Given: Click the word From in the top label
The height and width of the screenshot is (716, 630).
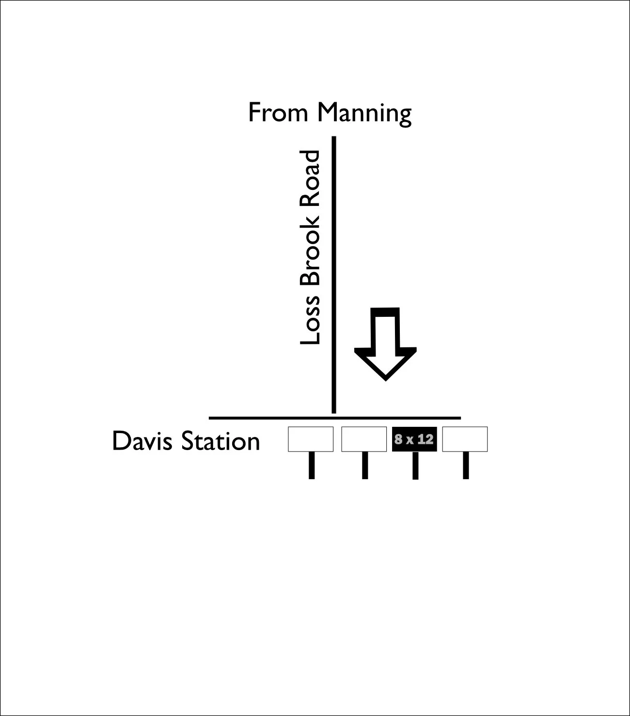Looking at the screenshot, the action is click(x=278, y=112).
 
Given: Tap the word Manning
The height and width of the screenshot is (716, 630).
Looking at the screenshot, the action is click(x=364, y=113).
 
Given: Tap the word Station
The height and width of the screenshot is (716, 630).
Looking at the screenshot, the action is click(x=220, y=441).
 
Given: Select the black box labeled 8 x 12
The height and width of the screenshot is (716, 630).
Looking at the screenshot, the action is click(x=414, y=439).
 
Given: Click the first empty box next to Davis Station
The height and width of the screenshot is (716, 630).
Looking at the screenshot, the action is click(x=311, y=439).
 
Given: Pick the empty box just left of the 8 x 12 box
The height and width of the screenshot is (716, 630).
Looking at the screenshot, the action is click(x=364, y=439).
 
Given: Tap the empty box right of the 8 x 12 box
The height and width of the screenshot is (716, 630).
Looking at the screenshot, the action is click(x=465, y=439).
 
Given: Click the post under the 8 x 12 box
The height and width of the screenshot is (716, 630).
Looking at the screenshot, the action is click(x=415, y=466).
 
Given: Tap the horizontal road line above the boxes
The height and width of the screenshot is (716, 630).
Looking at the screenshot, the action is click(x=334, y=418).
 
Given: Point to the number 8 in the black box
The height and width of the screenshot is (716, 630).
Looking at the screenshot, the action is click(x=398, y=440).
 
